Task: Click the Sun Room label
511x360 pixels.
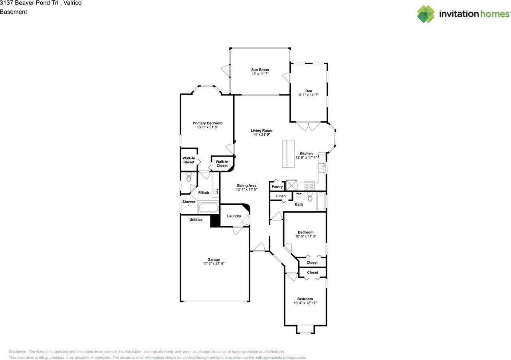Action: tap(260, 69)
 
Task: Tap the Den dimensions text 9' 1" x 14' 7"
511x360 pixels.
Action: tap(309, 95)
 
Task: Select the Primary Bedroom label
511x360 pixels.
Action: tap(207, 123)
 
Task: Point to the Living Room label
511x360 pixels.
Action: tap(261, 131)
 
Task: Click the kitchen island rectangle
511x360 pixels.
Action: tap(288, 154)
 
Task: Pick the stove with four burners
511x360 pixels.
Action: tap(309, 186)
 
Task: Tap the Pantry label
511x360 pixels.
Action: tap(277, 187)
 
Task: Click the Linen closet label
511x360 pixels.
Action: tap(281, 196)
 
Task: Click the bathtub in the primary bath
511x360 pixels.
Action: tap(208, 208)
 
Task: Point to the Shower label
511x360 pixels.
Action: tap(189, 202)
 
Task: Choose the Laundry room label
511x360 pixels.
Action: tap(234, 216)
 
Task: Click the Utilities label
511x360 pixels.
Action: tap(196, 220)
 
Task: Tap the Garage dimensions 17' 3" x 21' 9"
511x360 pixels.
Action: tap(214, 263)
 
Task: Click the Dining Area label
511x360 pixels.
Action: tap(246, 186)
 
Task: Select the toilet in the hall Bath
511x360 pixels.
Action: tap(310, 197)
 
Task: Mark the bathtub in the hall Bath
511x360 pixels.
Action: tap(321, 202)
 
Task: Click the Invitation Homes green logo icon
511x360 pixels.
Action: tap(426, 14)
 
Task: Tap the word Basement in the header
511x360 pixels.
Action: tap(14, 12)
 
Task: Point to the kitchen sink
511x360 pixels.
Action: tap(322, 168)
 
